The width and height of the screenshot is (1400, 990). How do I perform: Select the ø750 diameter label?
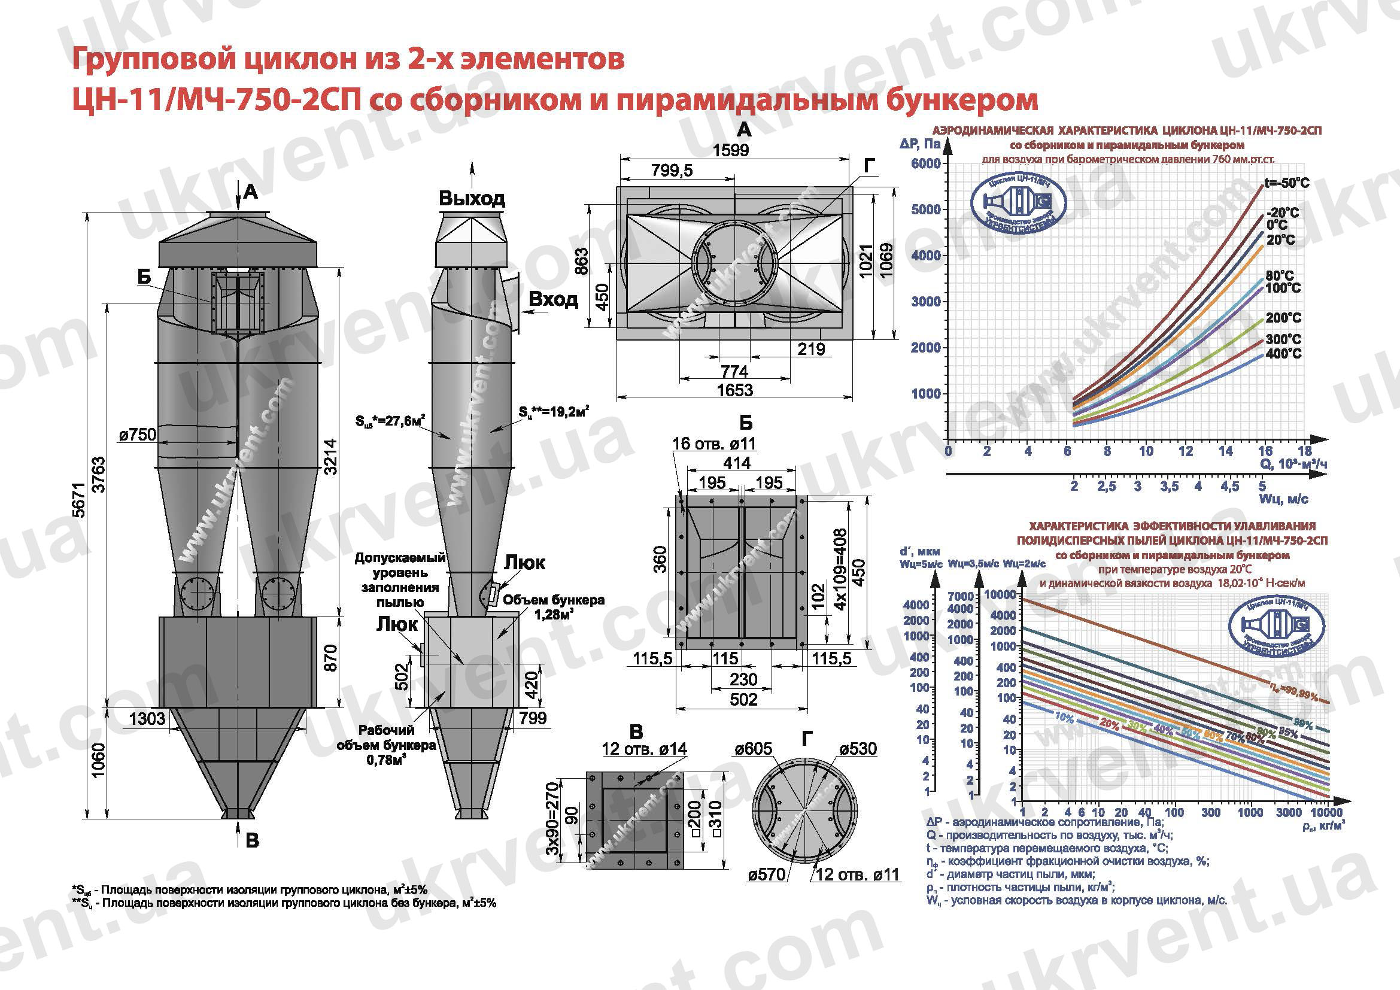(x=138, y=435)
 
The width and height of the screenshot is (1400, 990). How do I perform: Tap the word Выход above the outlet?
(x=471, y=199)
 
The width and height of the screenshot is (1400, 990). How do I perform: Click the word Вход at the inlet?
(x=553, y=299)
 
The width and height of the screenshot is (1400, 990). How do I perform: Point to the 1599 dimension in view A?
(x=730, y=150)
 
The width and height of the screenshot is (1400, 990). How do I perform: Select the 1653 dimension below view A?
(x=734, y=390)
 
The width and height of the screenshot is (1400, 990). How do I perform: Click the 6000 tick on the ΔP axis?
(x=925, y=163)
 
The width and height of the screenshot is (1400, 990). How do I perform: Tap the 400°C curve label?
(x=1283, y=354)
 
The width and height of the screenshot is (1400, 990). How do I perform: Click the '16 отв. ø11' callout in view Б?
(x=714, y=443)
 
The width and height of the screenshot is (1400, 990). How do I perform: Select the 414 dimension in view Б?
(x=737, y=463)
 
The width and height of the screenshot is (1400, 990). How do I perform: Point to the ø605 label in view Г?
(x=754, y=749)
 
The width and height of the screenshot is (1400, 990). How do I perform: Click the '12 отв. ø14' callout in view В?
(x=644, y=749)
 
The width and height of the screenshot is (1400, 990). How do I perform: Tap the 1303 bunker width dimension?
(x=147, y=718)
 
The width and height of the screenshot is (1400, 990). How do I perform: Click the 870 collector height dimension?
(x=330, y=658)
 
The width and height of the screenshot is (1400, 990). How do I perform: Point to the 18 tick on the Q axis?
(x=1304, y=452)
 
